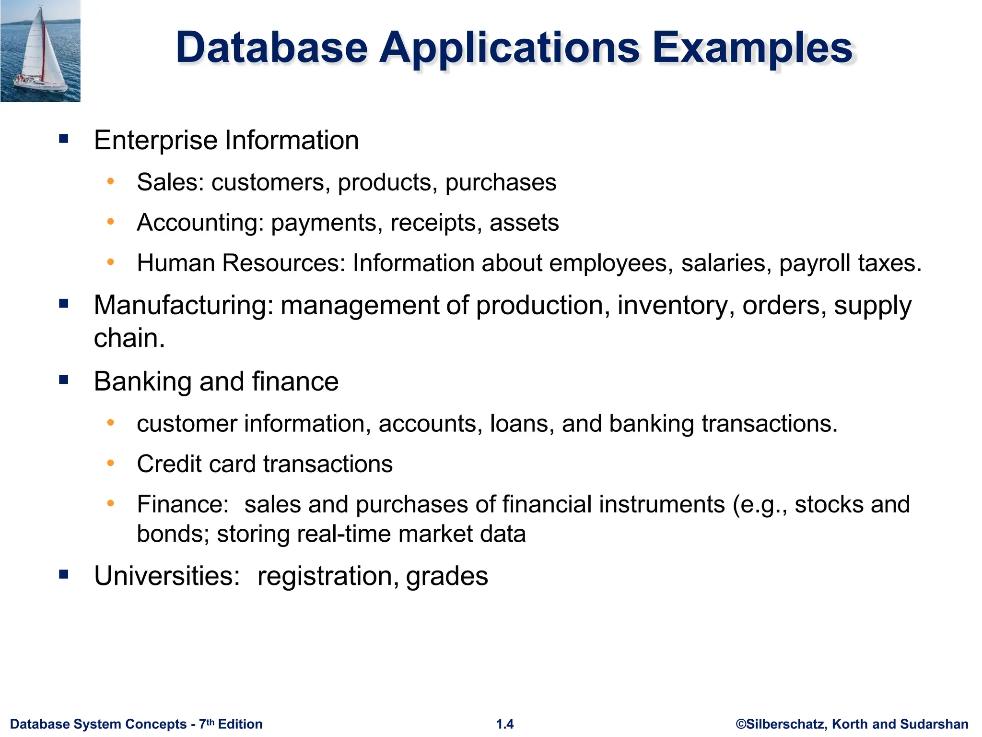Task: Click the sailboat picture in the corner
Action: tap(40, 51)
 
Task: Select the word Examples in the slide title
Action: tap(752, 48)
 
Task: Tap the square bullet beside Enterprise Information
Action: tap(64, 139)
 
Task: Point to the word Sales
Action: tap(170, 182)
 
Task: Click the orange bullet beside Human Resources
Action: tap(111, 262)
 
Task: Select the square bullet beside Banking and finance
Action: tap(64, 380)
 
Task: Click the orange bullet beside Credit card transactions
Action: tap(111, 463)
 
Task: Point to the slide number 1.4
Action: tap(505, 724)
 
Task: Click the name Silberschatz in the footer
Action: tap(786, 724)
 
